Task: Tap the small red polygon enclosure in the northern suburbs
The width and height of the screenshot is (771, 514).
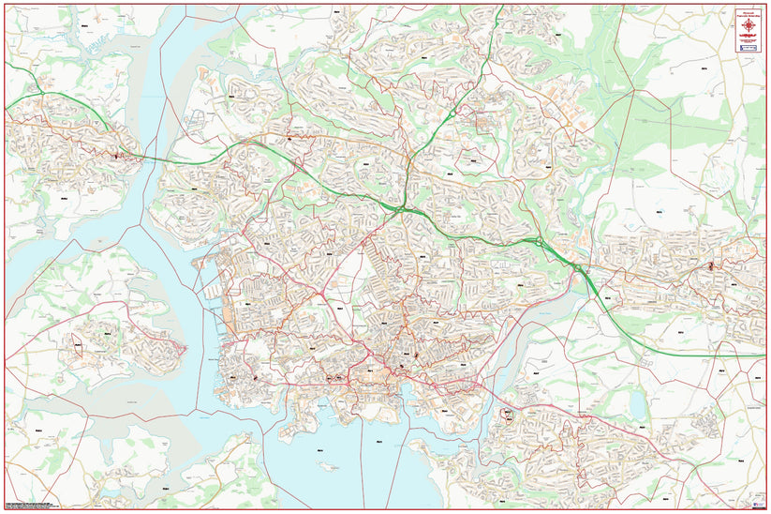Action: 486,123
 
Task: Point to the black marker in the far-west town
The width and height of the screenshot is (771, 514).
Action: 115,156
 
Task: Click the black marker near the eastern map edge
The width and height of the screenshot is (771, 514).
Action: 711,265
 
